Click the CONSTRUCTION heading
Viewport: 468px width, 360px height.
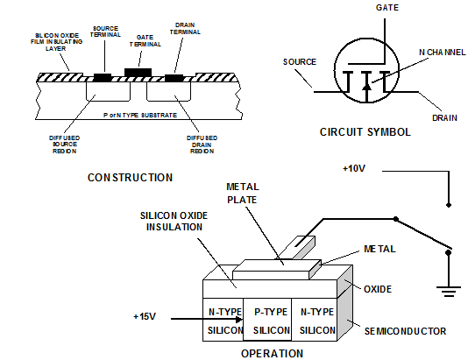point(130,178)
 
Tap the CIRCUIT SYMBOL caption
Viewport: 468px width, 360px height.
point(365,132)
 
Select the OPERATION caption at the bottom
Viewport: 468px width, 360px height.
point(272,354)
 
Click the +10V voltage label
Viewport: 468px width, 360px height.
point(354,168)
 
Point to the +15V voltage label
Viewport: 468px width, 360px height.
point(145,316)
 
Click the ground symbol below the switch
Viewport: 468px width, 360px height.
point(449,290)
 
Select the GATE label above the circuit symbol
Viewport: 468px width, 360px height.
point(387,8)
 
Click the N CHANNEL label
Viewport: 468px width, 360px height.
point(443,53)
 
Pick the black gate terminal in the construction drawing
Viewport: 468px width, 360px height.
point(138,73)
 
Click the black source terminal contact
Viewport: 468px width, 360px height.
point(103,78)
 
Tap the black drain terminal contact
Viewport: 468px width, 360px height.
point(174,78)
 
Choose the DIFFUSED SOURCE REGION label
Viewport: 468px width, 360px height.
point(65,145)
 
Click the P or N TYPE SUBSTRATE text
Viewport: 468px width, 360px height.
point(140,115)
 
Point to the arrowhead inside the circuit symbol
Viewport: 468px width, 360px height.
point(367,86)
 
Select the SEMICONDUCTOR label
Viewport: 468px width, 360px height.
point(405,331)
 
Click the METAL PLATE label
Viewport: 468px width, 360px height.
point(243,194)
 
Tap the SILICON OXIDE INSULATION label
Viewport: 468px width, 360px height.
point(174,222)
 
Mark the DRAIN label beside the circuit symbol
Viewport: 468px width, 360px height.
point(444,118)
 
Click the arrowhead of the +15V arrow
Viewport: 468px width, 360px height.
point(239,320)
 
